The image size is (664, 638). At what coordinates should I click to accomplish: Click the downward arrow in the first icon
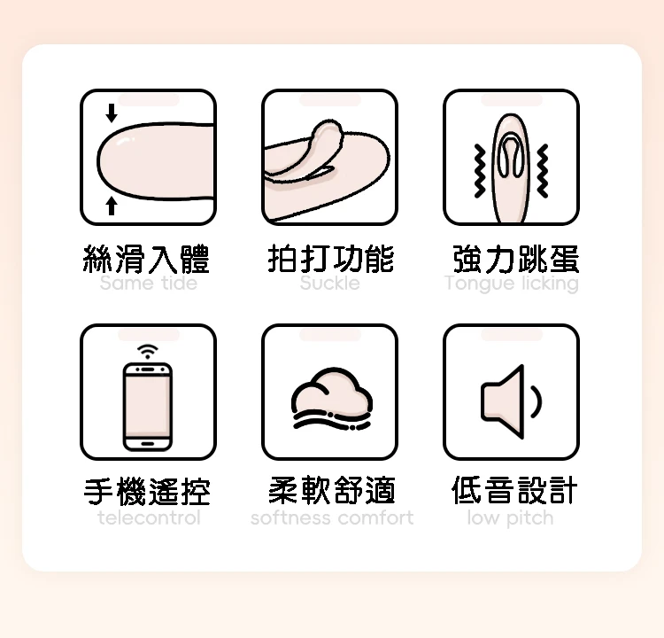pyautogui.click(x=112, y=113)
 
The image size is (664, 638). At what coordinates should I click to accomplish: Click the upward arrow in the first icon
pyautogui.click(x=112, y=206)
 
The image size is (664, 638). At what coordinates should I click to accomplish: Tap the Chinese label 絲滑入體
pyautogui.click(x=146, y=259)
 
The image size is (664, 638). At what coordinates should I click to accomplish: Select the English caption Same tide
pyautogui.click(x=148, y=283)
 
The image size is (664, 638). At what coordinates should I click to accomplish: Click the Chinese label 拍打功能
pyautogui.click(x=331, y=259)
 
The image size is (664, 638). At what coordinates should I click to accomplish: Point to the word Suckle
pyautogui.click(x=330, y=283)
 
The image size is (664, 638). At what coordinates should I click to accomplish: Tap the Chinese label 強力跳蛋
pyautogui.click(x=516, y=259)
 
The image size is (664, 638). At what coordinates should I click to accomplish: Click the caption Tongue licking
pyautogui.click(x=512, y=284)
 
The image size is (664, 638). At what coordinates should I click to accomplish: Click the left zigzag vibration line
pyautogui.click(x=479, y=171)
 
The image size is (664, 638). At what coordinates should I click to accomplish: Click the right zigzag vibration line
pyautogui.click(x=543, y=171)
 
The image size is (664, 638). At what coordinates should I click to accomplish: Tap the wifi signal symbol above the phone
pyautogui.click(x=147, y=352)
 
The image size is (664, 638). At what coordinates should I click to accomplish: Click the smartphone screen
pyautogui.click(x=147, y=406)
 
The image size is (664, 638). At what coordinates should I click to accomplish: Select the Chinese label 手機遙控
pyautogui.click(x=147, y=491)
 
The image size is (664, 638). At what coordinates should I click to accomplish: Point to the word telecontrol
pyautogui.click(x=149, y=517)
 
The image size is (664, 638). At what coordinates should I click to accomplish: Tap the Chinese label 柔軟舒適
pyautogui.click(x=332, y=491)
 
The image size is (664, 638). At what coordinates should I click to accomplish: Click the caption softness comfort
pyautogui.click(x=332, y=517)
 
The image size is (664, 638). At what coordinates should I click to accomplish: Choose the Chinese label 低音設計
pyautogui.click(x=515, y=491)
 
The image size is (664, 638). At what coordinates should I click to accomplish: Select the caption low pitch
pyautogui.click(x=510, y=518)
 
